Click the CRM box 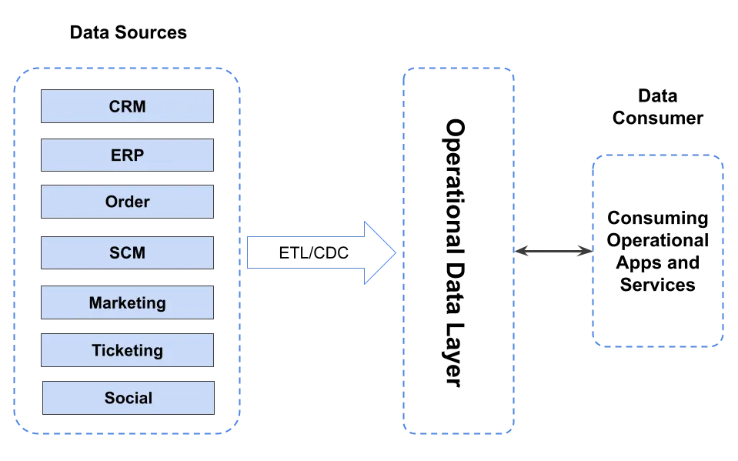(127, 106)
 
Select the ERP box (127, 155)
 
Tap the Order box (127, 202)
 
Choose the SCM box (127, 252)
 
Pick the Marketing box (127, 302)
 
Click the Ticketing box (127, 351)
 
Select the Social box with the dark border (127, 398)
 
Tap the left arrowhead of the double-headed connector (523, 250)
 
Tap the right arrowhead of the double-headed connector (583, 250)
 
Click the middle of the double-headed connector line (553, 250)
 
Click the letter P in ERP (139, 155)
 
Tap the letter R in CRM (126, 107)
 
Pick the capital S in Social (110, 399)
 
